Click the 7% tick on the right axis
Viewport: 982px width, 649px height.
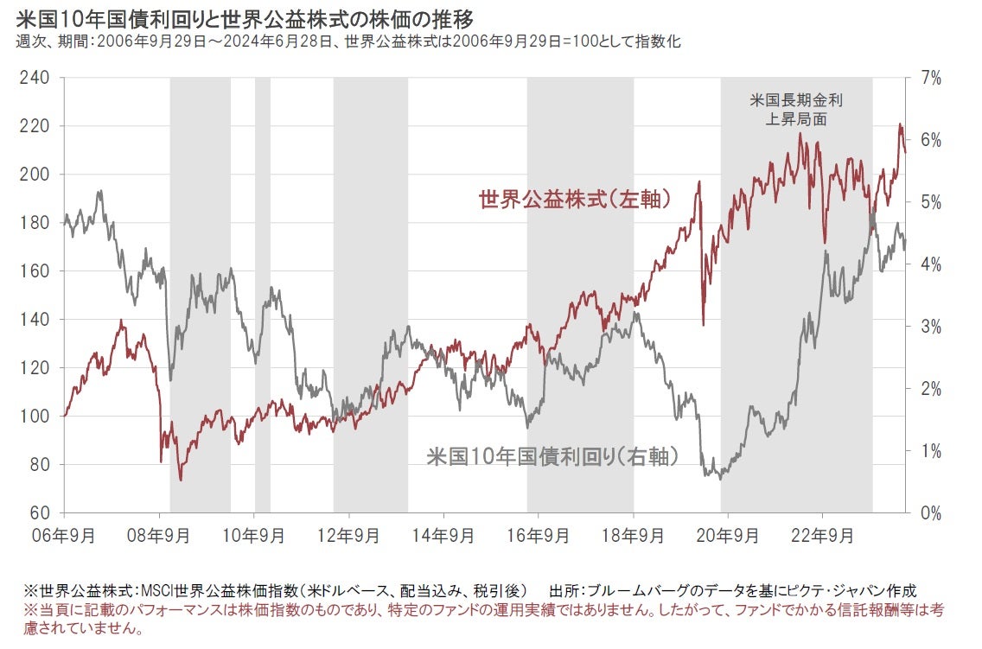930,78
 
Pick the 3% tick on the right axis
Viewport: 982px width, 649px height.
930,326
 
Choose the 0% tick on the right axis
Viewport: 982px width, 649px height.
930,512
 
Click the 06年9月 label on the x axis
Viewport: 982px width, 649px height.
66,535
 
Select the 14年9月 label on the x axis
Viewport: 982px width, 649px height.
443,535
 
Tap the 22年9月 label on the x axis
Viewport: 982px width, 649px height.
821,535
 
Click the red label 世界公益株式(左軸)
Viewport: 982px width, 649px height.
575,200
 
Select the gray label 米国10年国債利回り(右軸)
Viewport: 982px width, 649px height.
552,457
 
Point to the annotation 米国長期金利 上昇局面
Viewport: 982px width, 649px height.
796,110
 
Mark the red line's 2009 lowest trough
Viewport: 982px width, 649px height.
181,480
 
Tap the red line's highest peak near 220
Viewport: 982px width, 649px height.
899,125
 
